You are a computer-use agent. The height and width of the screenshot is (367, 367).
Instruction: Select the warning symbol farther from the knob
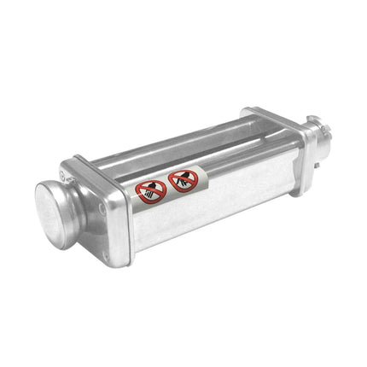tap(183, 180)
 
